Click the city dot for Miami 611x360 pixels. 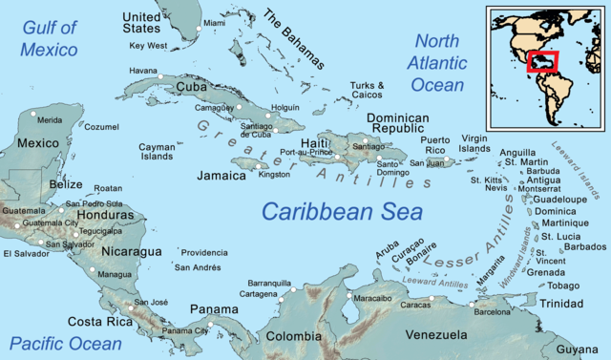(199, 30)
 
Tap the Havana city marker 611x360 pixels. (160, 75)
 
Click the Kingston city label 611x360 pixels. (274, 175)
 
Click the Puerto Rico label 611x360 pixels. (442, 145)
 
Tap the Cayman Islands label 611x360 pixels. (157, 152)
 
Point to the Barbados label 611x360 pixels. (584, 246)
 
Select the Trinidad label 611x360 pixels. (561, 303)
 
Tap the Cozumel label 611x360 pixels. (101, 126)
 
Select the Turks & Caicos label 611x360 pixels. (367, 91)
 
